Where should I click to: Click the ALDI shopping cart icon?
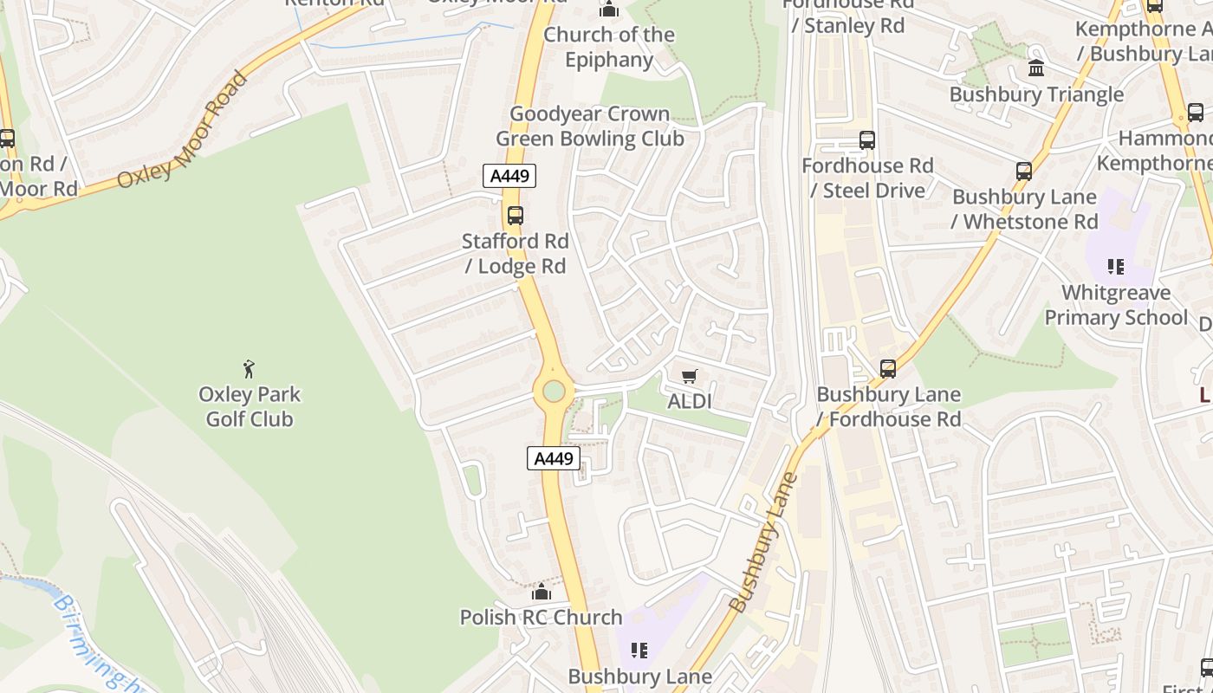coord(689,376)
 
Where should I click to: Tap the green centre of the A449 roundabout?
coord(554,392)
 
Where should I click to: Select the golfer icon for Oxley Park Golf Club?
coord(250,369)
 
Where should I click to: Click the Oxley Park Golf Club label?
coord(250,407)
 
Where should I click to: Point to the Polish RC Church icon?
coord(542,593)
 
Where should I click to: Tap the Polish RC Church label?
coord(541,618)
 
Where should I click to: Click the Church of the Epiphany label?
coord(609,47)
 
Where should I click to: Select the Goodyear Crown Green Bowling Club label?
coord(590,126)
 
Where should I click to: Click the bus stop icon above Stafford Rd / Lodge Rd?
coord(516,216)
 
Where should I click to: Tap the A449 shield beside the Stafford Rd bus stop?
coord(509,177)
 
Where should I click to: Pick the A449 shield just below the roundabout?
coord(554,458)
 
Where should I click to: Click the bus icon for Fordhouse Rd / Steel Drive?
coord(866,140)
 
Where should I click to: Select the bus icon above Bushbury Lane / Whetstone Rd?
coord(1024,172)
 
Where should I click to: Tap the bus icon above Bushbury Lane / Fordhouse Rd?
coord(888,369)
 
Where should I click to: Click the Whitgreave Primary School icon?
coord(1116,267)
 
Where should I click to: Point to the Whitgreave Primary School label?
coord(1116,305)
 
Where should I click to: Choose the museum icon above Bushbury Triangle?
coord(1035,69)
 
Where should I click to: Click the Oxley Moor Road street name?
coord(184,130)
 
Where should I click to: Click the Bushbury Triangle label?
coord(1036,94)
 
